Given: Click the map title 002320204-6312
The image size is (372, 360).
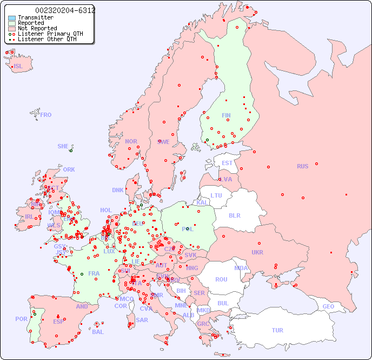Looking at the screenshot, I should click(x=65, y=10).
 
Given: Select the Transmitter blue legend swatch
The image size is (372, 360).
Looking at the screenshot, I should click(x=12, y=18).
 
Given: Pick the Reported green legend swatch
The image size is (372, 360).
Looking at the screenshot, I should click(x=12, y=23).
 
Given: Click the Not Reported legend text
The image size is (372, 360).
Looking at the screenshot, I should click(x=37, y=29).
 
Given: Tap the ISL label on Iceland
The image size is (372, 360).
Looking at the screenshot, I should click(x=18, y=67).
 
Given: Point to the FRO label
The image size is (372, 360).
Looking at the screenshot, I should click(x=46, y=115).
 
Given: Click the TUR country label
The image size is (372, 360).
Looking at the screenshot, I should click(x=277, y=330).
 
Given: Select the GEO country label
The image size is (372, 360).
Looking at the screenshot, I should click(x=328, y=306).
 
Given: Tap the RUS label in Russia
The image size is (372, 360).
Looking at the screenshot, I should click(x=302, y=166).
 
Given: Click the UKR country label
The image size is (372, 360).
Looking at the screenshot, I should click(x=257, y=252).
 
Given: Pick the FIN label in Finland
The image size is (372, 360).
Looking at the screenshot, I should click(x=226, y=115).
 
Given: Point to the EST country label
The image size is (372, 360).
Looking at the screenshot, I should click(x=227, y=163).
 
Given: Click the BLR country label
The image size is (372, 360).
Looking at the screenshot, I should click(x=235, y=215).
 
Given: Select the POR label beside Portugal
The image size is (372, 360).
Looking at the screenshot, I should click(x=21, y=319).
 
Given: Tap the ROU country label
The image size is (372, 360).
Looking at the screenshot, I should click(x=221, y=279).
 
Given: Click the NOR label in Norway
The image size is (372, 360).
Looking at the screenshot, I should click(x=131, y=141).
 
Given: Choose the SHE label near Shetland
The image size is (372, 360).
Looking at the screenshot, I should click(x=63, y=146).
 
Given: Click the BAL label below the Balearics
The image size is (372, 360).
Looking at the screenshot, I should click(x=97, y=332).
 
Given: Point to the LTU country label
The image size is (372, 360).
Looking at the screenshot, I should click(x=216, y=195).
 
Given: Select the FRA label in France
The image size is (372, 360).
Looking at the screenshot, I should click(x=94, y=273).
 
